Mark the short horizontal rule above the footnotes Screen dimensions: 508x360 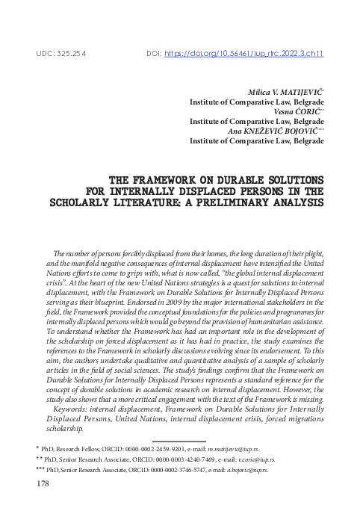pos(179,440)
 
